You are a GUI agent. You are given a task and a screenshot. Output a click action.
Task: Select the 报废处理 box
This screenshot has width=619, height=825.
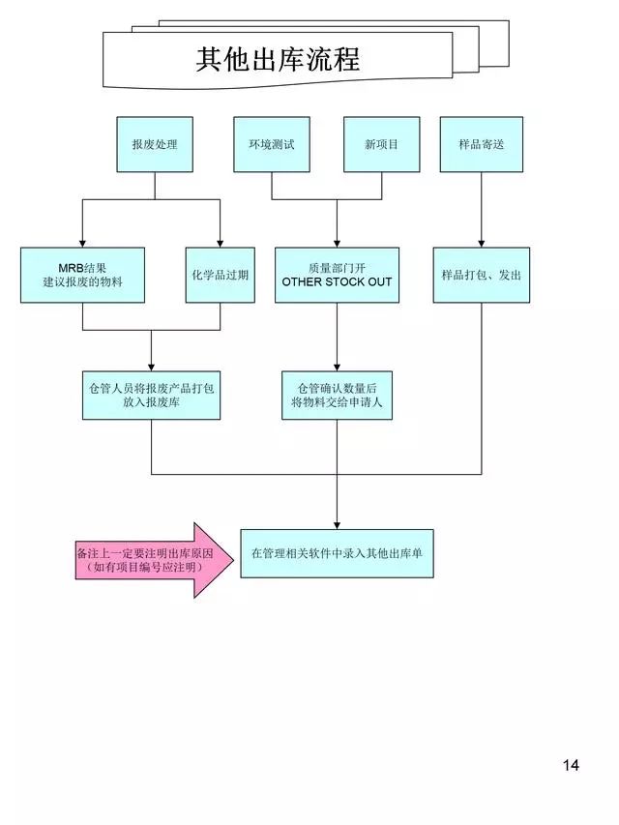pos(155,144)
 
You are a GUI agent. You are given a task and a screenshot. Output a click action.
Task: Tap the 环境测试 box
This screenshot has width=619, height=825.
pos(271,144)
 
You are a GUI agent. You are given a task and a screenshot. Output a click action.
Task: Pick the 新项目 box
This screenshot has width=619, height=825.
pos(381,144)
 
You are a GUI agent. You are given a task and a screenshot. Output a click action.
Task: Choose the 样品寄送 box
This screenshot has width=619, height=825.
pos(481,144)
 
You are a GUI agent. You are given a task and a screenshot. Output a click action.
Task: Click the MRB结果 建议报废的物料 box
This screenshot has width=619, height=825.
pos(82,275)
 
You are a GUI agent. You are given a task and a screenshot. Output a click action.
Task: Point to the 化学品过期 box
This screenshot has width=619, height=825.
pos(220,275)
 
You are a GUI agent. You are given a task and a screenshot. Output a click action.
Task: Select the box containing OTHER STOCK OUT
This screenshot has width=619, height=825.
pos(337,275)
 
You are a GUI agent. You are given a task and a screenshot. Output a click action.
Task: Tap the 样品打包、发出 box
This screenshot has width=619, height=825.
pos(481,275)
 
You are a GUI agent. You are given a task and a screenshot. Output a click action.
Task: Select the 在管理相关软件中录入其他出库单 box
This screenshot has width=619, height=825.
pos(337,553)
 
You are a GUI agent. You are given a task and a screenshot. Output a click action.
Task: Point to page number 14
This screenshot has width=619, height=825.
pos(570,765)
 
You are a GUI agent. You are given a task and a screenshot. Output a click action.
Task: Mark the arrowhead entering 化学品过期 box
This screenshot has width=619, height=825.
pos(220,243)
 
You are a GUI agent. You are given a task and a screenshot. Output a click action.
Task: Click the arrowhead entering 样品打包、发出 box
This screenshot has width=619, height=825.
pos(481,243)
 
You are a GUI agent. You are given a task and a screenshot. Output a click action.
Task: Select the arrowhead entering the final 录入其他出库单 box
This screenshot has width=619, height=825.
pos(337,523)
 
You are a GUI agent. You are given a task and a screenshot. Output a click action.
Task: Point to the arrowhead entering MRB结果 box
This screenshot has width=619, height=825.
pos(82,243)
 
